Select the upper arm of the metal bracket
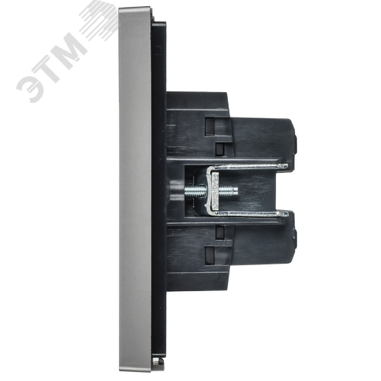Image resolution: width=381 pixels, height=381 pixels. pos(248,167)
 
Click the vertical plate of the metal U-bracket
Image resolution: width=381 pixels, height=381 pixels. pos(212,190)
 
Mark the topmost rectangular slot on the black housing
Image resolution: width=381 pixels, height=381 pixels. pos(210,126)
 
